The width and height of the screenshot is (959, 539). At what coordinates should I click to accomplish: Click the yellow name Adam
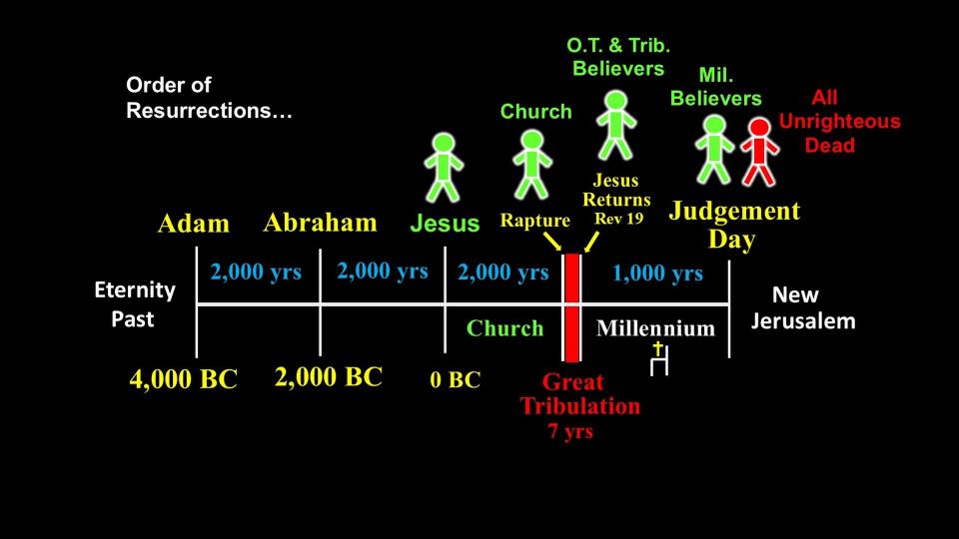[x=193, y=223]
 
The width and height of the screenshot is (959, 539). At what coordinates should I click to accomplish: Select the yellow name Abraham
[x=320, y=223]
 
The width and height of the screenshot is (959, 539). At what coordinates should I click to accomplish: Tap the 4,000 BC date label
[x=184, y=379]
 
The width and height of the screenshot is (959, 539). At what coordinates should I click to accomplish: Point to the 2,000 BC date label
[x=329, y=377]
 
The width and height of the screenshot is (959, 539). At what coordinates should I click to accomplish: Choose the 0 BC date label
[x=456, y=379]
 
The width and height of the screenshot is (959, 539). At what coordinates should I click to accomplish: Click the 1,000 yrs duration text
[x=657, y=273]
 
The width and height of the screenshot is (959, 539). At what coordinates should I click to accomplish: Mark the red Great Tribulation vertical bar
[x=571, y=307]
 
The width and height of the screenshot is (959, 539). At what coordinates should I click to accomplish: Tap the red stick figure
[x=759, y=152]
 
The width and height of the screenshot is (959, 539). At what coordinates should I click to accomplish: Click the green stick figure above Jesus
[x=444, y=168]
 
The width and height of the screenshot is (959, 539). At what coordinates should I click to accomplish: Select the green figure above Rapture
[x=532, y=165]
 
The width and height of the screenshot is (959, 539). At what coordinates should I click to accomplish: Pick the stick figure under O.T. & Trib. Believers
[x=616, y=126]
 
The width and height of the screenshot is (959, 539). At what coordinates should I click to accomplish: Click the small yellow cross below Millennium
[x=657, y=349]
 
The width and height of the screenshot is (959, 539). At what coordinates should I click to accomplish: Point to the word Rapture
[x=535, y=221]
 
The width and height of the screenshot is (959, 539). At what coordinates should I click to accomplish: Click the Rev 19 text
[x=619, y=219]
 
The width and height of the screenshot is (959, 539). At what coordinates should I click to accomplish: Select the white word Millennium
[x=655, y=328]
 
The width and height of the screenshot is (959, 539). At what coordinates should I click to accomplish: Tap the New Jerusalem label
[x=803, y=307]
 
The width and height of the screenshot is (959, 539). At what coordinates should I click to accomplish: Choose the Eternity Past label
[x=135, y=303]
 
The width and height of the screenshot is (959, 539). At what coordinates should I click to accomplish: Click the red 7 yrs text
[x=570, y=431]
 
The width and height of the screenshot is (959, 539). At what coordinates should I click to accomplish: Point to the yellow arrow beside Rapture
[x=552, y=242]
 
